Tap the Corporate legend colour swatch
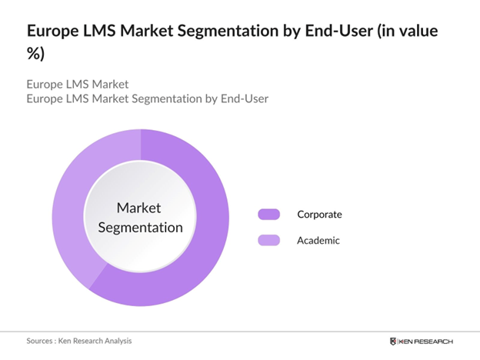tap(268, 214)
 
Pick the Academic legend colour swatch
tap(268, 241)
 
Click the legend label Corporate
tap(319, 214)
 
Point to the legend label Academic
tap(318, 241)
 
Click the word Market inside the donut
tap(139, 208)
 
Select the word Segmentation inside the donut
tap(139, 227)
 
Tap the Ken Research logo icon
tap(395, 341)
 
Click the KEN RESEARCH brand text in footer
tap(428, 341)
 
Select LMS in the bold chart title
tap(94, 32)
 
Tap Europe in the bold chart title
tap(52, 32)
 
